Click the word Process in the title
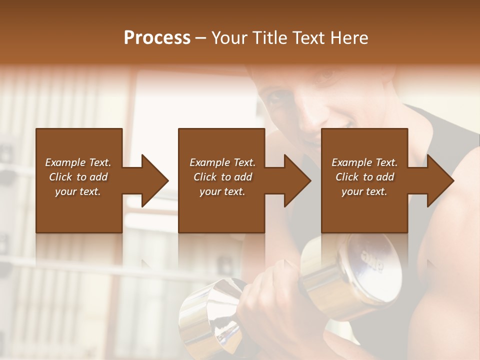point(157,38)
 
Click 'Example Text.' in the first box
point(78,162)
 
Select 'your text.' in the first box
point(78,191)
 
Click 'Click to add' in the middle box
point(222,177)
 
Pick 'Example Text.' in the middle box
point(222,162)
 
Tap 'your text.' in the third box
point(364,191)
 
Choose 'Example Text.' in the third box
point(364,162)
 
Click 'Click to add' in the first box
point(78,177)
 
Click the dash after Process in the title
point(201,38)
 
